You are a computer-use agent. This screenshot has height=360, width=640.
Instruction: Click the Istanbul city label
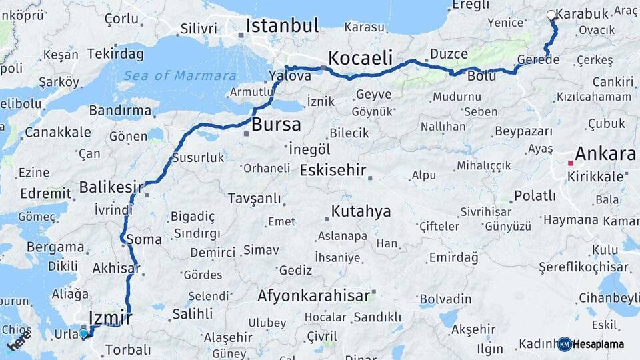282,25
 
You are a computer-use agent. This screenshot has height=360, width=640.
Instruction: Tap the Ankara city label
605,154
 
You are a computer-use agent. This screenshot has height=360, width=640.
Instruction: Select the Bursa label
276,124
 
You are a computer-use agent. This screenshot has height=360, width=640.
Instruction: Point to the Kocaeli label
360,57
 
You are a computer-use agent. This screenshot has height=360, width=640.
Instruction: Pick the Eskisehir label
333,170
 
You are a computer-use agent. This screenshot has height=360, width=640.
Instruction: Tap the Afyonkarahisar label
313,295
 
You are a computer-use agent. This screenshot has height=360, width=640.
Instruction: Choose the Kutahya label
361,212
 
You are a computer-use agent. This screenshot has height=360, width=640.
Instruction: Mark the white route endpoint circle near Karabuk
551,15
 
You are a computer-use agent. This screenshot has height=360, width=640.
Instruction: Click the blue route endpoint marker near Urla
83,333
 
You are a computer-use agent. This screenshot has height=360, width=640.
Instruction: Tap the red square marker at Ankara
571,162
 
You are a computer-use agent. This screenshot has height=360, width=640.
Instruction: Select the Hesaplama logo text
598,344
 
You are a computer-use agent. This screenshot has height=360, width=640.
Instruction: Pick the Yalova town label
290,76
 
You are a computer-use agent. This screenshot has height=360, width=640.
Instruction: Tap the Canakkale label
58,132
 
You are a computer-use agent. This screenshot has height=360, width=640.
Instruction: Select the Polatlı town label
535,195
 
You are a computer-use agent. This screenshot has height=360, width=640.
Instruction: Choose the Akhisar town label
116,269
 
